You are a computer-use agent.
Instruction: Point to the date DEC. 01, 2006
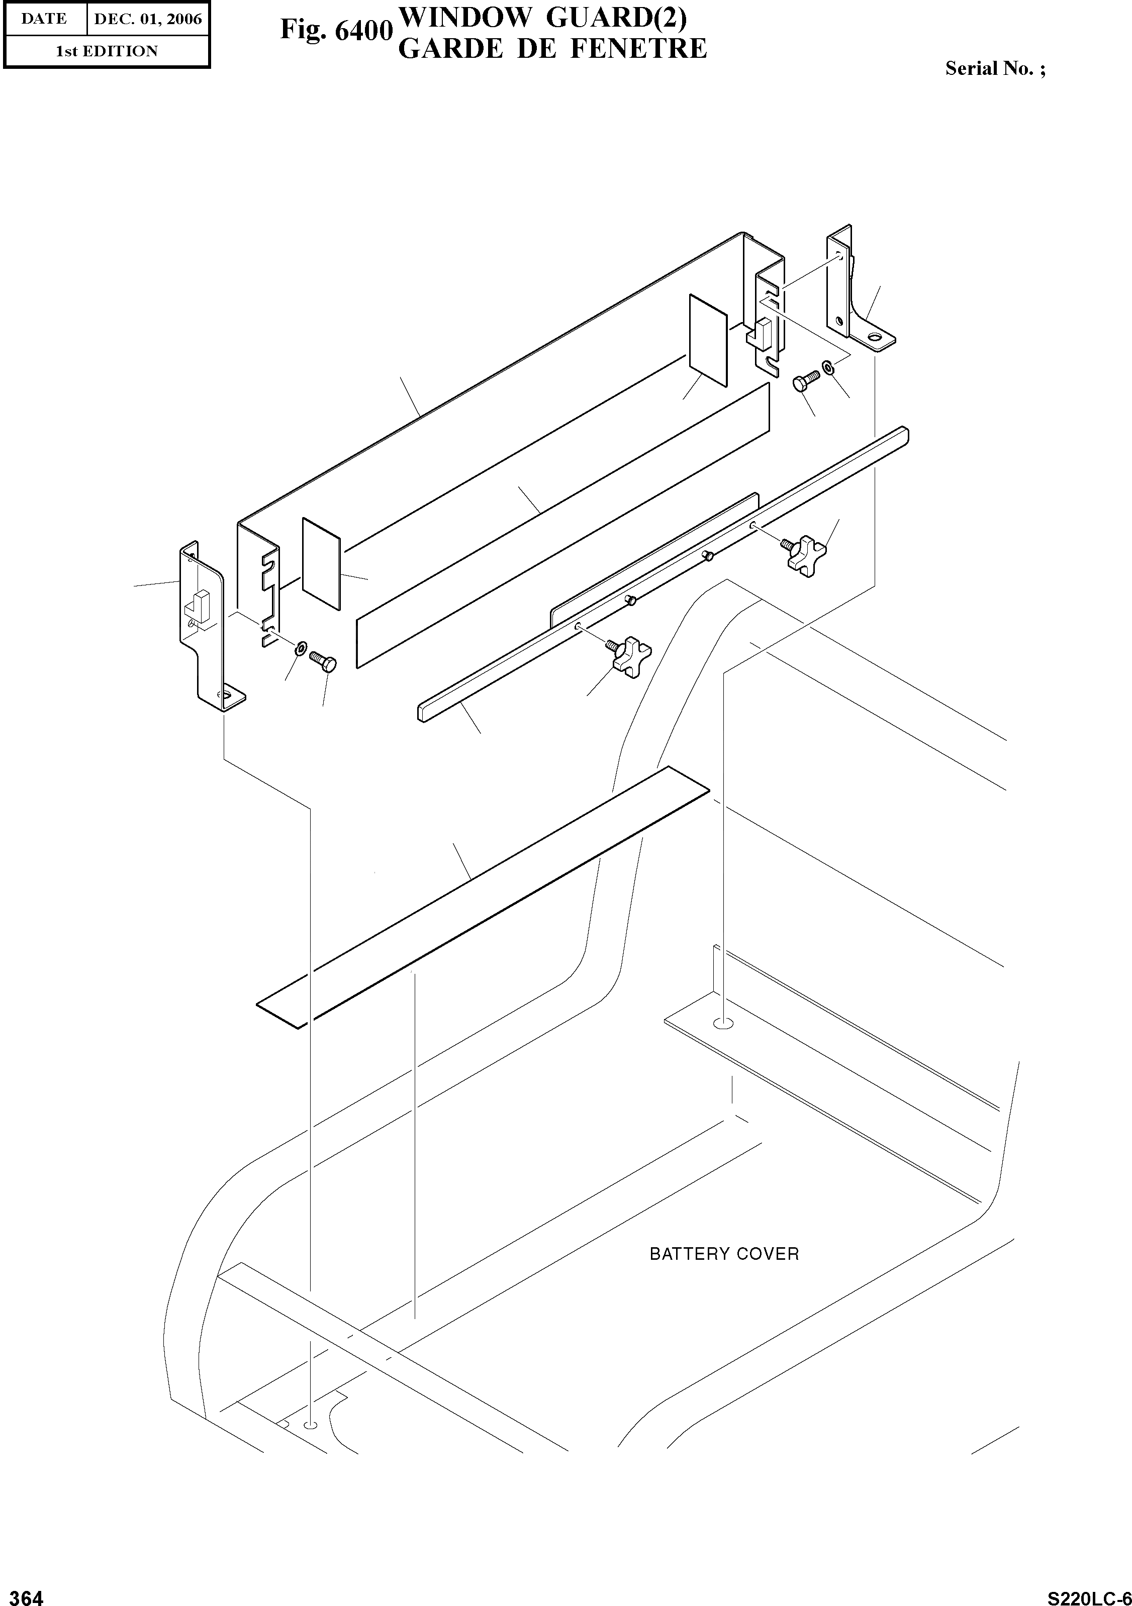[x=148, y=19]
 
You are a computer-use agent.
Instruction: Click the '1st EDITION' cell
[x=107, y=51]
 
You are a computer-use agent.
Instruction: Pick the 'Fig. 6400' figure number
[x=336, y=31]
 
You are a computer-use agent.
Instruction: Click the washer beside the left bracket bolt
[x=300, y=646]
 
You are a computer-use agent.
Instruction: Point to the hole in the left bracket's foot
[x=225, y=695]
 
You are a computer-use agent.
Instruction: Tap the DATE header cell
[x=44, y=19]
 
